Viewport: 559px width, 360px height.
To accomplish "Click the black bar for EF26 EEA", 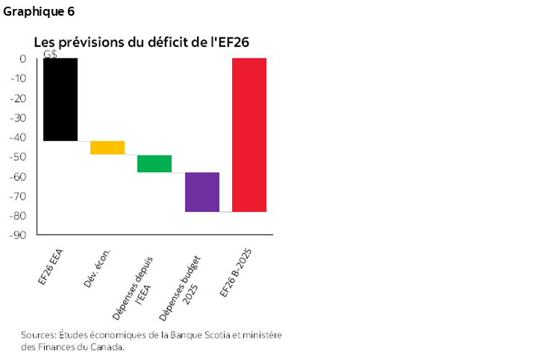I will [60, 99].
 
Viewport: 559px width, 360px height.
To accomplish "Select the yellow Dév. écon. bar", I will [107, 147].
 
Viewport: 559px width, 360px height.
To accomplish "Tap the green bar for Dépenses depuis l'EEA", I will [154, 164].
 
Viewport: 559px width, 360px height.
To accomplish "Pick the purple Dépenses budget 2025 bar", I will [202, 192].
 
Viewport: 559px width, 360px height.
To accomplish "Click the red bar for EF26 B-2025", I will [249, 135].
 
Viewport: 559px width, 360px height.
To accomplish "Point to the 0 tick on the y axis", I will [22, 59].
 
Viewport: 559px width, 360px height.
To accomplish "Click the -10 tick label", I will [19, 79].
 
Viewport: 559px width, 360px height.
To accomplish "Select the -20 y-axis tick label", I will [19, 99].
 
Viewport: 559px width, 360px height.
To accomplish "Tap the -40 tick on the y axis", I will [19, 137].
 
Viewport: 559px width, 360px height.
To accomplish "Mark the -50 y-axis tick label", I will [19, 157].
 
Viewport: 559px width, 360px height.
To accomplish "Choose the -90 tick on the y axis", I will [19, 235].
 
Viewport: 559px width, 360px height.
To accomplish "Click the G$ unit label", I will [50, 54].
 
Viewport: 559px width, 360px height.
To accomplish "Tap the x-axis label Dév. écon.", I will [99, 268].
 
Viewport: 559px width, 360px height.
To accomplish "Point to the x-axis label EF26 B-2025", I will [238, 270].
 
